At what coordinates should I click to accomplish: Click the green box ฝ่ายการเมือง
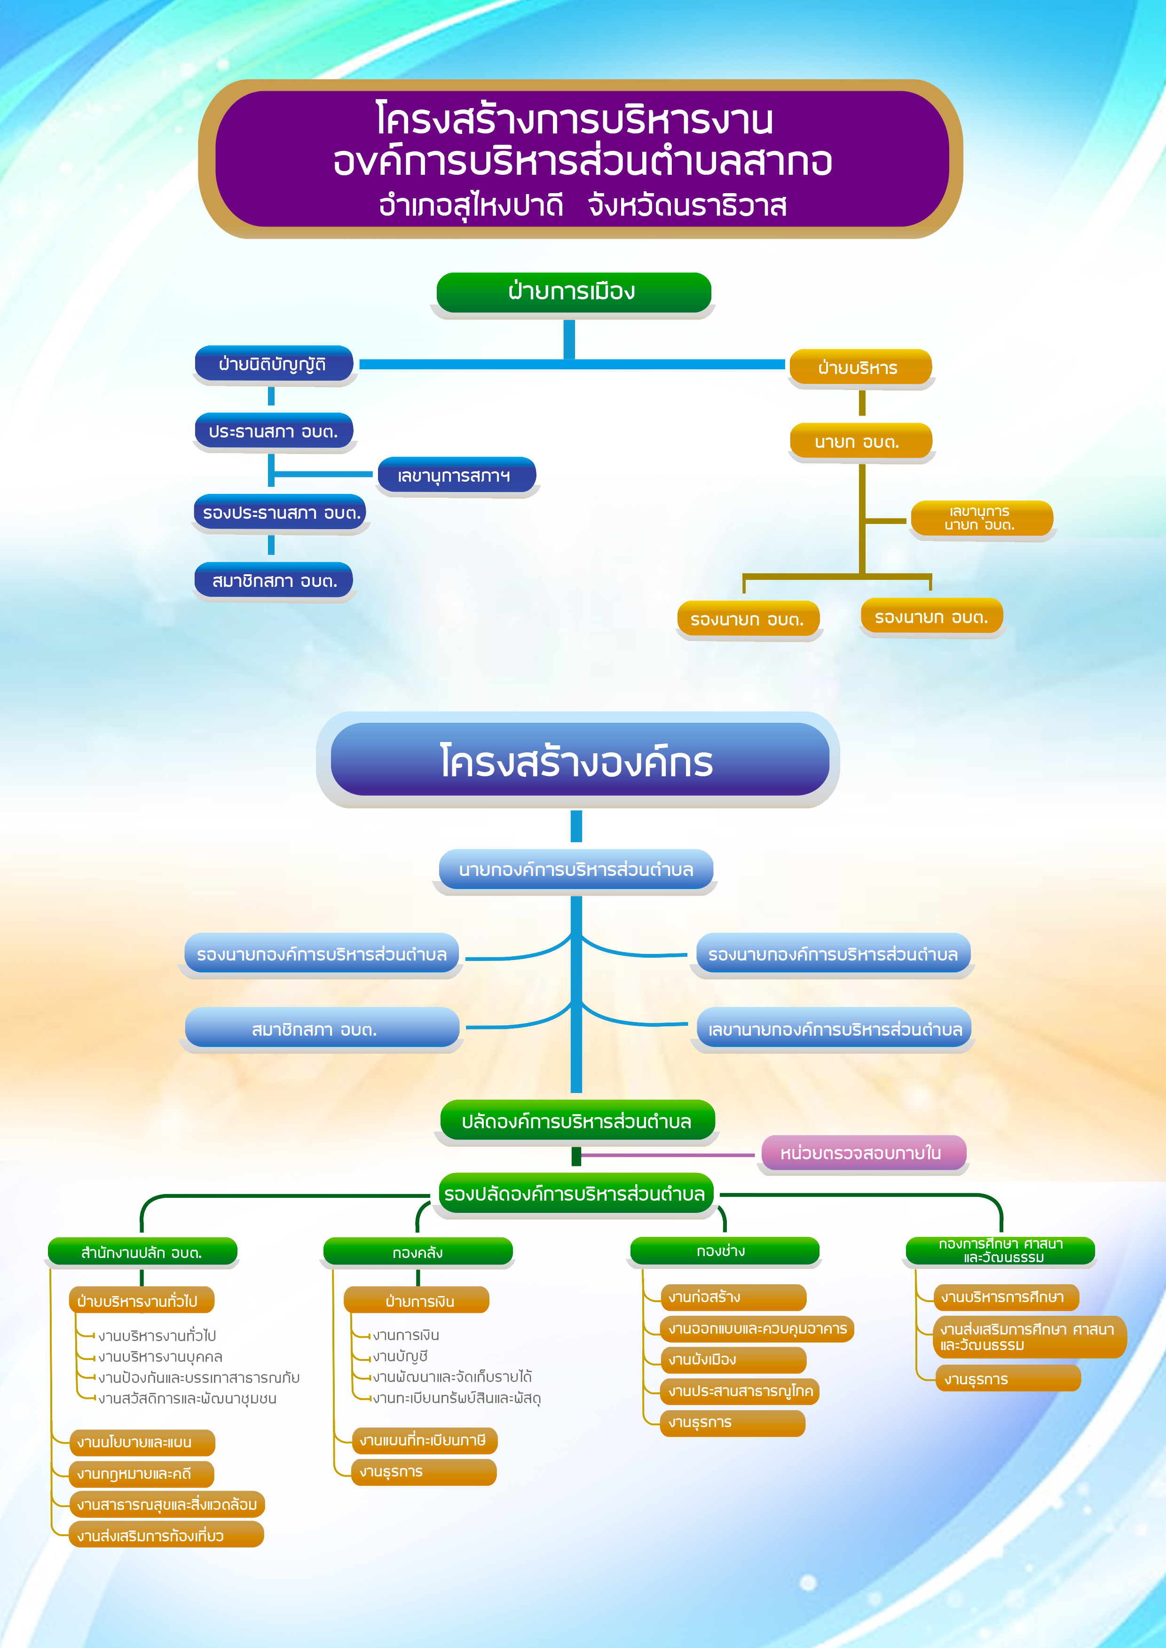pos(573,292)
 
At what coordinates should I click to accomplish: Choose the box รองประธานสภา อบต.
pos(281,513)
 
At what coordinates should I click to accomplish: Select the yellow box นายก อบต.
pos(859,441)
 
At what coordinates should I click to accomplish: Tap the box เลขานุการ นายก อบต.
pos(981,517)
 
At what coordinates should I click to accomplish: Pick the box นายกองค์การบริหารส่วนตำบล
pos(576,870)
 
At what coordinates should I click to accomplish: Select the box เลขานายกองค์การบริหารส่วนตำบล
pos(834,1029)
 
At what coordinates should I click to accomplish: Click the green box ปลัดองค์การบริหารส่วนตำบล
pos(576,1121)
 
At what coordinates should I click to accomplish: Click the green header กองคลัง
pos(418,1252)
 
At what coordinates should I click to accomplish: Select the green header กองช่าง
pos(723,1251)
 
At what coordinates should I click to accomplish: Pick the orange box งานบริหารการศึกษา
pos(1006,1297)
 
